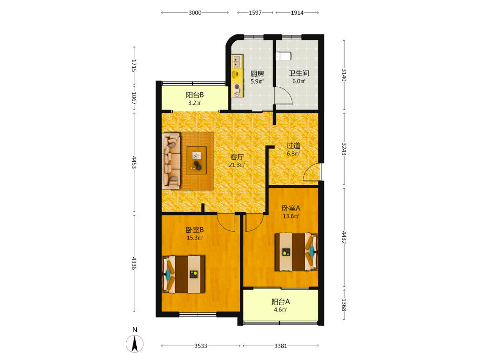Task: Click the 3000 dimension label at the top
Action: [x=195, y=12]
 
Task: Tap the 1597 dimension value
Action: [x=255, y=12]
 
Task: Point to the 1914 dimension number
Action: [x=297, y=12]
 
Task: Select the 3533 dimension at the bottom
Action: [x=201, y=346]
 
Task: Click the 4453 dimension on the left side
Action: [x=134, y=162]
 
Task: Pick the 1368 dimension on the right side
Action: [x=344, y=305]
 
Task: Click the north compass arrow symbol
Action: [x=135, y=344]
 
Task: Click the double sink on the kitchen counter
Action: [x=237, y=61]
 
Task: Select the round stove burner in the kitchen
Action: [x=237, y=87]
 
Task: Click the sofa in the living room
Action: [x=171, y=161]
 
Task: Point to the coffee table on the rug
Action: [x=196, y=160]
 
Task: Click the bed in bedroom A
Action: [x=296, y=252]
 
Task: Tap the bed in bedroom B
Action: [x=183, y=274]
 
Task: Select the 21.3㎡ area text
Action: [x=237, y=165]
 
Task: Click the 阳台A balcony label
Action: [x=280, y=302]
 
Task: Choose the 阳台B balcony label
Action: [x=195, y=95]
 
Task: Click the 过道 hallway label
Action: [x=293, y=146]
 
